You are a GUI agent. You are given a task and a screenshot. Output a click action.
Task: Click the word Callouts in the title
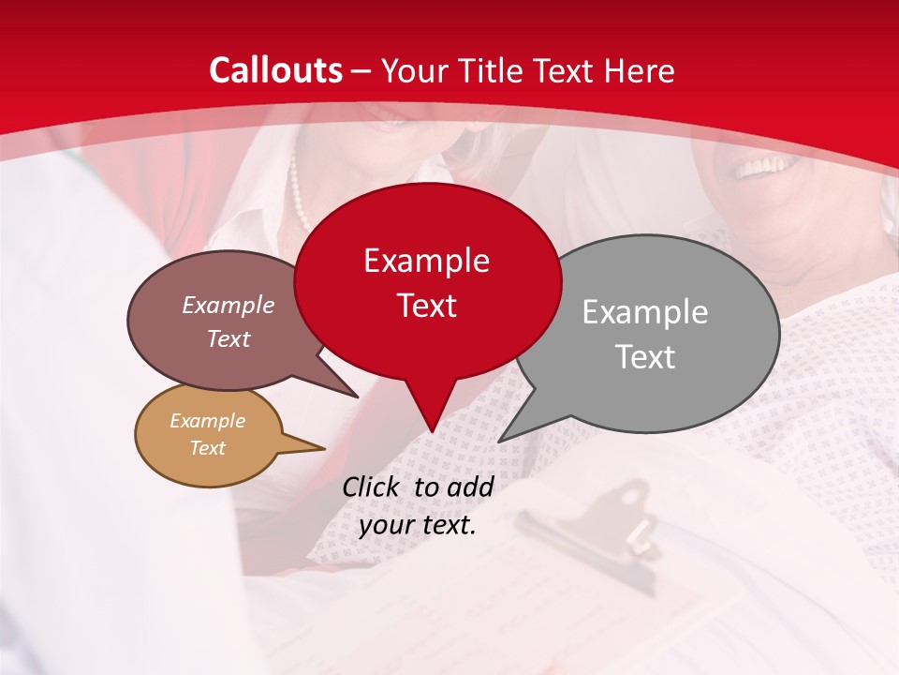(x=275, y=70)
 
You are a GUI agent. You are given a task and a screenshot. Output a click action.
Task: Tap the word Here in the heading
(x=640, y=70)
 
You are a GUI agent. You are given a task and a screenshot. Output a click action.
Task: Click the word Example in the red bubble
(x=426, y=261)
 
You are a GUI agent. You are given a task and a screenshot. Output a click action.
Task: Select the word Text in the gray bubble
(x=644, y=356)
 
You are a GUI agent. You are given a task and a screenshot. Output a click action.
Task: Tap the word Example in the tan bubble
(x=207, y=421)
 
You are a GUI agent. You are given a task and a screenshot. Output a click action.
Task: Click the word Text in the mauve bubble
(x=228, y=338)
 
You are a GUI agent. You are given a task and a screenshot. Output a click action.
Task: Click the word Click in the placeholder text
(x=373, y=487)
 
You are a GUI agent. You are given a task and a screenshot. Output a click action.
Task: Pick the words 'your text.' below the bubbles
(x=418, y=525)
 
